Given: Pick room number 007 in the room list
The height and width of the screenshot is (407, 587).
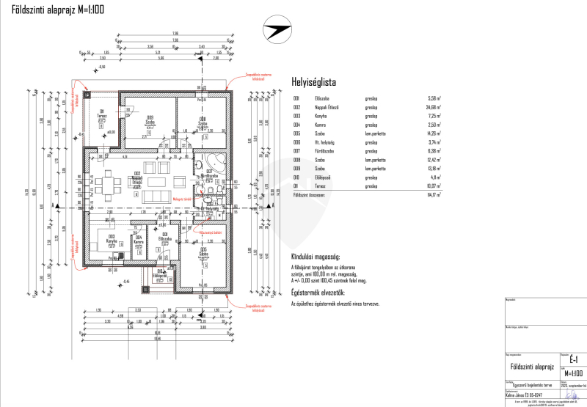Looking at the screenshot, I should tap(296, 150).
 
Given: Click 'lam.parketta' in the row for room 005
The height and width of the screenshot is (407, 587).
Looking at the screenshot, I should tap(375, 133).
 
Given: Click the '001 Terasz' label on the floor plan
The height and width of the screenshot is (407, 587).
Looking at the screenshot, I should tap(103, 113).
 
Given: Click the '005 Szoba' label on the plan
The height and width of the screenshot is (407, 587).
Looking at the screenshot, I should tap(203, 252).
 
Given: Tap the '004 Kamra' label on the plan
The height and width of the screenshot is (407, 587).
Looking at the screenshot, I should tap(137, 238).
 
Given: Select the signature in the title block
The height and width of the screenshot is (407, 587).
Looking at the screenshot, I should tap(572, 394).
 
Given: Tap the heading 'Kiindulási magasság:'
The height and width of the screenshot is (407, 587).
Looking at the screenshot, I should tap(315, 257).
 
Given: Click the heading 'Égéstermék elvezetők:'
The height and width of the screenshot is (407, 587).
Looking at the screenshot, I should tap(318, 292).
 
